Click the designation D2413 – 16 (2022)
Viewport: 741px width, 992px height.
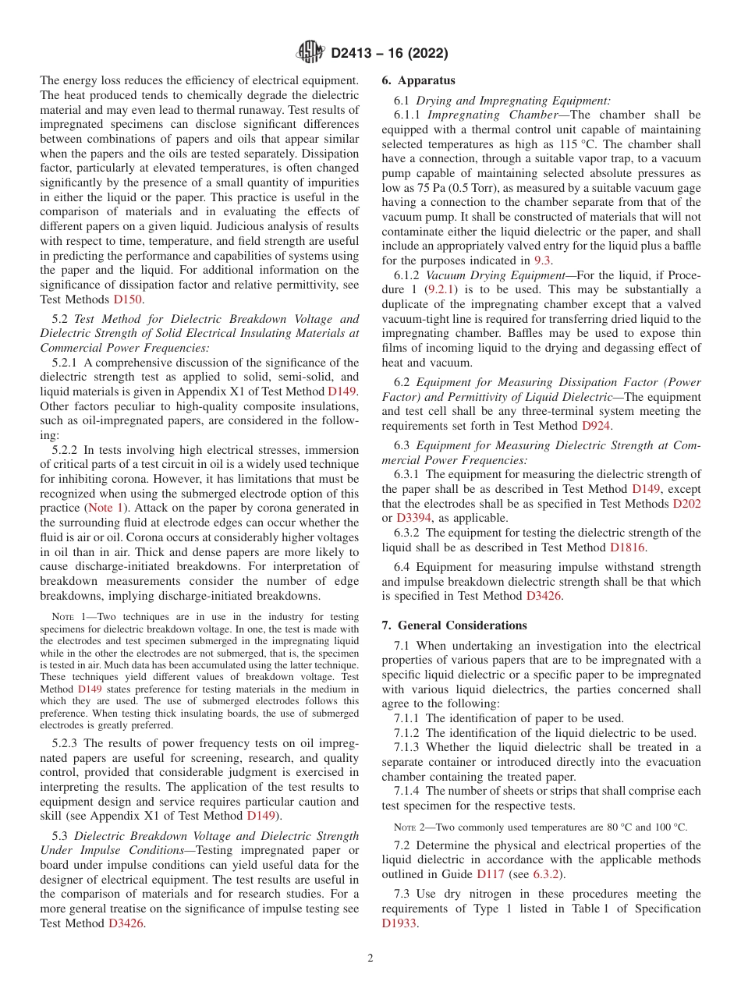coord(389,53)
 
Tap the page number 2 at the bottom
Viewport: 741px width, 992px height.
coord(370,958)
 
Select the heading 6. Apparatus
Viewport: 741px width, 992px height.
coord(419,80)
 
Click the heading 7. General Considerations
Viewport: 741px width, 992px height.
coord(454,625)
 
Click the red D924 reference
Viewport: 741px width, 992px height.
coord(597,426)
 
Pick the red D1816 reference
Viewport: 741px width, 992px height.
coord(628,547)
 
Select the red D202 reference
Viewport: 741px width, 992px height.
coord(686,504)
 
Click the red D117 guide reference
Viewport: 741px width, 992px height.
coord(491,874)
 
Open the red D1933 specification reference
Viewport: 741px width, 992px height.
coord(399,923)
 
